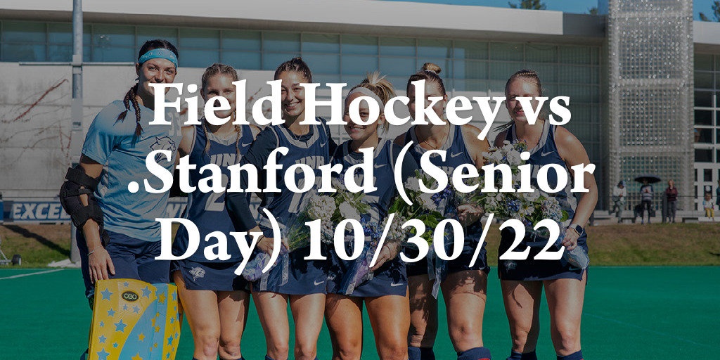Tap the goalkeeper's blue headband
(158, 56)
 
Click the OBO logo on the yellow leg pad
(130, 296)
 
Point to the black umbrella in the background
(647, 179)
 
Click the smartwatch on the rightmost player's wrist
(577, 229)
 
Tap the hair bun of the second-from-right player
(431, 68)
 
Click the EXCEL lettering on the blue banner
(39, 212)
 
